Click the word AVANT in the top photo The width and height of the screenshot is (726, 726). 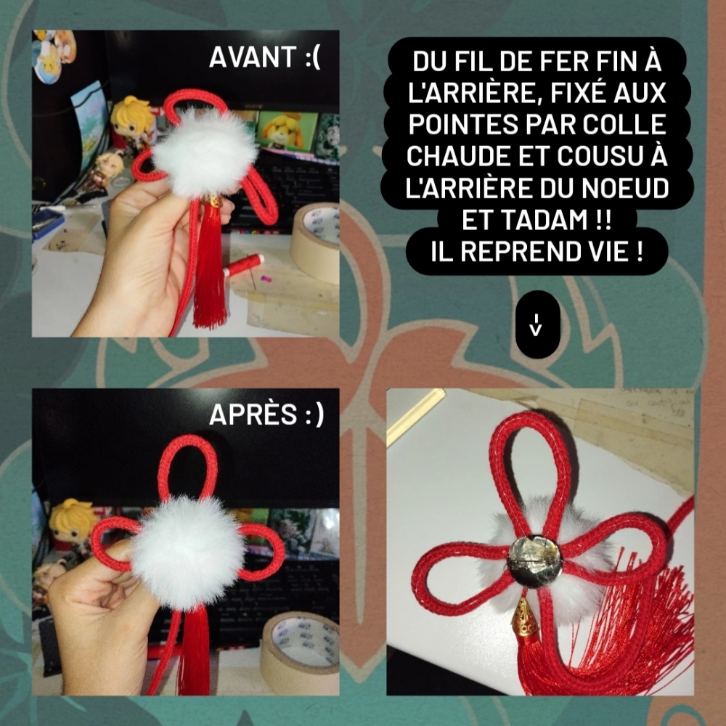[x=253, y=57]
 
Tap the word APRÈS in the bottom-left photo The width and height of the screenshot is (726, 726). [x=253, y=414]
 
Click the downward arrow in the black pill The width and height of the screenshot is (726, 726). [x=537, y=325]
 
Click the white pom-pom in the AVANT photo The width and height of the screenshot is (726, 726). [x=205, y=152]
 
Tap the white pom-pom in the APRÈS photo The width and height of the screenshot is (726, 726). [x=187, y=552]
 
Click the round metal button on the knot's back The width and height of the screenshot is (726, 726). [x=534, y=561]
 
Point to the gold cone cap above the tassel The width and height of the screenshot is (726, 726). [x=526, y=616]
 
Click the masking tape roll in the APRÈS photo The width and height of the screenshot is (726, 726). [x=300, y=653]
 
